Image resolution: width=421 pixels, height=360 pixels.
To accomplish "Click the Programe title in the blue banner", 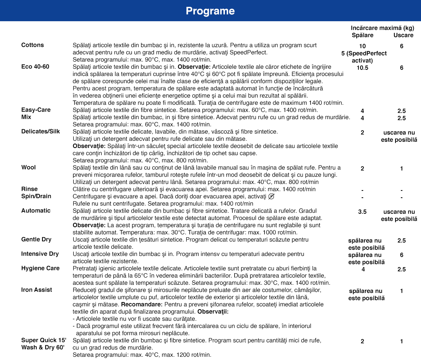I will [x=210, y=11].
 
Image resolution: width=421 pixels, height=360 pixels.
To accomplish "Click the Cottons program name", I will [x=32, y=45].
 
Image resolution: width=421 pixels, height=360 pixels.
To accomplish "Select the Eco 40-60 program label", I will [x=35, y=67].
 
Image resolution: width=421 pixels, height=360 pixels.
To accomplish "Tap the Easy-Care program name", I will [x=36, y=110].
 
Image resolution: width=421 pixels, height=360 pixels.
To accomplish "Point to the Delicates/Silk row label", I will [x=41, y=131].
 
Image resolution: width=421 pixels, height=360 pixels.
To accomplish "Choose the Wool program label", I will [x=28, y=167].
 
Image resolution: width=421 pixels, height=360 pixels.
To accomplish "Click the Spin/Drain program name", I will [x=36, y=196].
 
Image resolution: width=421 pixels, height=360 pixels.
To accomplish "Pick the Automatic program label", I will [x=36, y=211].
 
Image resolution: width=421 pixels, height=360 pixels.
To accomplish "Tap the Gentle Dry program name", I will [x=36, y=239].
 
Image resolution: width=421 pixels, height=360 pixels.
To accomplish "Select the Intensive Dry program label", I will [x=40, y=254].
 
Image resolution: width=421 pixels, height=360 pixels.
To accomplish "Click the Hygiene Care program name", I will [x=40, y=268].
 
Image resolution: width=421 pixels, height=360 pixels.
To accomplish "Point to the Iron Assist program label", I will [x=37, y=290].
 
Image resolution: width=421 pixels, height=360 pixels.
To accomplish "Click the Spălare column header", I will [x=362, y=35].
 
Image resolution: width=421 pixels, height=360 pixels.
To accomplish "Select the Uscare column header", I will [x=403, y=35].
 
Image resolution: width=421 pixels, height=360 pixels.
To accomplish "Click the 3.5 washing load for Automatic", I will [x=362, y=212].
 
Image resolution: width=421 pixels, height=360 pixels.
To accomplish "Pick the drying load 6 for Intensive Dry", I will [x=402, y=255].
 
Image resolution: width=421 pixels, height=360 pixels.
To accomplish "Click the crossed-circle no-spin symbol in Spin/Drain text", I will [x=272, y=196].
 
